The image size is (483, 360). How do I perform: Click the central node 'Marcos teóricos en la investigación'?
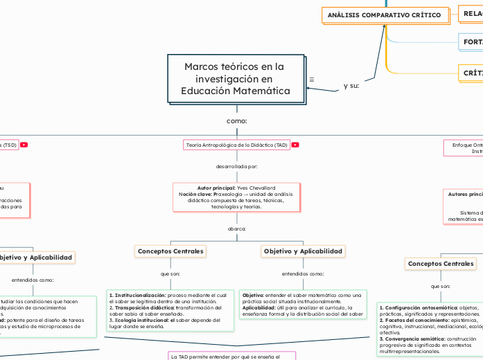pos(235,79)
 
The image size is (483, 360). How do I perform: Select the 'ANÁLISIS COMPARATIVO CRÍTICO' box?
pos(384,15)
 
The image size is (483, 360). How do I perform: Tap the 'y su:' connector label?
pos(351,86)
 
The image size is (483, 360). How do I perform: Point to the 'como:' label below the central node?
pos(237,121)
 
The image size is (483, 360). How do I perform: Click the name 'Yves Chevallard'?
pos(256,188)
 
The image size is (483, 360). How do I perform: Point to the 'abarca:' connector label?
pos(237,228)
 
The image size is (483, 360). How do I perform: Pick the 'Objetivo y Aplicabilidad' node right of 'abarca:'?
pos(303,251)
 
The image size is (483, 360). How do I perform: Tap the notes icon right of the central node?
pos(312,80)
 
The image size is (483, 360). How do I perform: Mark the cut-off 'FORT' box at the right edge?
pos(471,42)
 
